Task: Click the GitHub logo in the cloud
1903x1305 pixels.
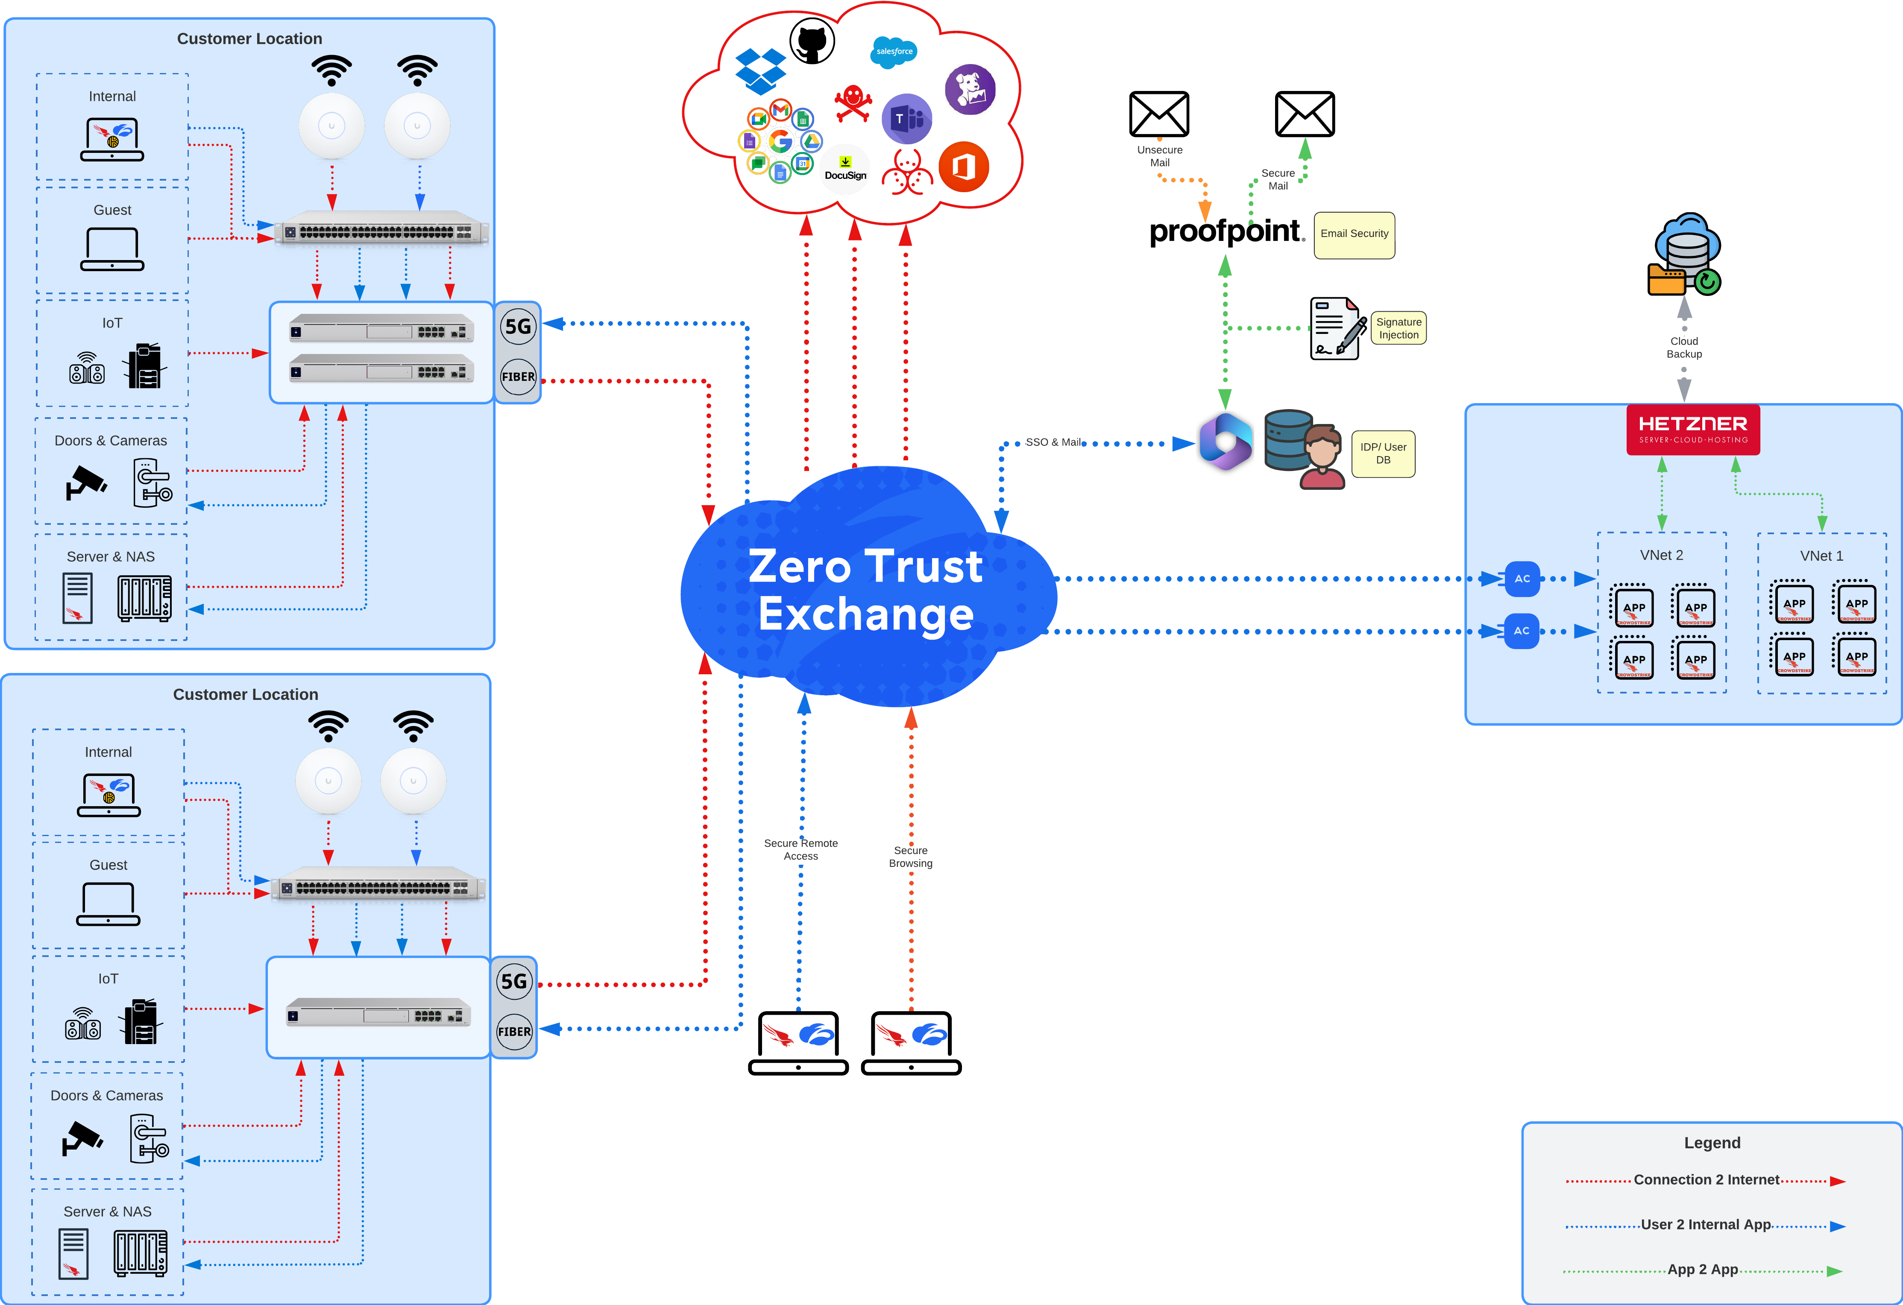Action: [812, 41]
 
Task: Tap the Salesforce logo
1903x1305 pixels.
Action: [893, 52]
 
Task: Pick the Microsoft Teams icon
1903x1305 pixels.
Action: [906, 119]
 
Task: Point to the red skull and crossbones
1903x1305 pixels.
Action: [853, 104]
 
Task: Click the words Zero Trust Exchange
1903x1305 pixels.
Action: [865, 589]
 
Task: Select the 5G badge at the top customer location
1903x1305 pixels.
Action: [518, 327]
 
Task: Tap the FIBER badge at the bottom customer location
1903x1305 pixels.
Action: [514, 1032]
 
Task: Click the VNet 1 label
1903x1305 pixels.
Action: [1821, 556]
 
